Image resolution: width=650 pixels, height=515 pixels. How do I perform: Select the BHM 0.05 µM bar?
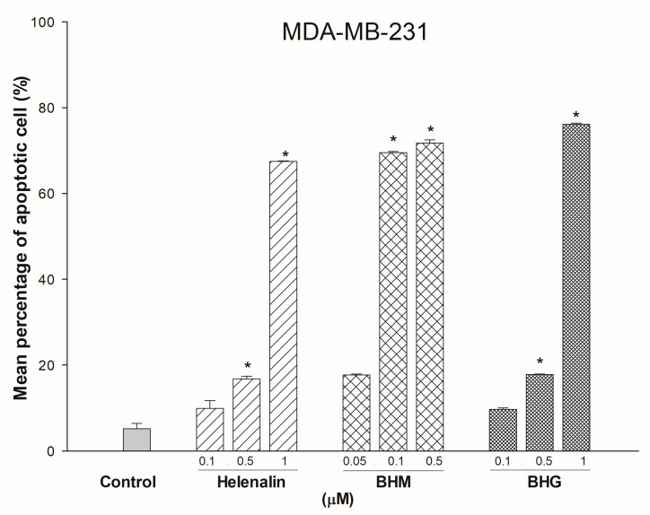[356, 413]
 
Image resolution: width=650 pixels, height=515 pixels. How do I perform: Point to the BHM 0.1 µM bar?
[393, 301]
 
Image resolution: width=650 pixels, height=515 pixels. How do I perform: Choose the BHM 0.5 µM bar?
[430, 297]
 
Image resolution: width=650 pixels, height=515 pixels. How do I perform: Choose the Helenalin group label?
[247, 482]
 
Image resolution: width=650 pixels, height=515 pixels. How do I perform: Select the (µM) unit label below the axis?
[320, 500]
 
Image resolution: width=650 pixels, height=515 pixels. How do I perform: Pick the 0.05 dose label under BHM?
[356, 463]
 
